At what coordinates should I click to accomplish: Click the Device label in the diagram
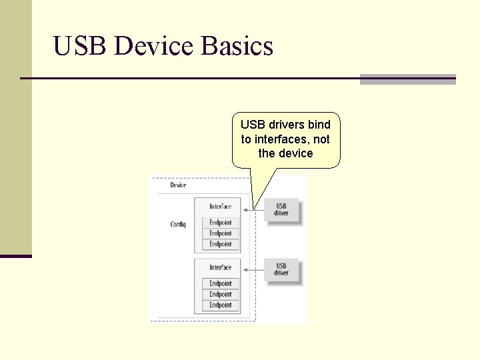(x=178, y=185)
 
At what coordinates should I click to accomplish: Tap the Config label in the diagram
(x=178, y=225)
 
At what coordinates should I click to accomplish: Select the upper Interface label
(x=221, y=207)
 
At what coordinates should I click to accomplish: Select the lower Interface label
(x=221, y=267)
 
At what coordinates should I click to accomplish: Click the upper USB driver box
(x=281, y=210)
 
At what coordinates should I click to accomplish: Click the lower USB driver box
(x=281, y=270)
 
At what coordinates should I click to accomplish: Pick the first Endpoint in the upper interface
(x=221, y=223)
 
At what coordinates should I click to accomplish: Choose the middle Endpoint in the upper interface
(x=221, y=233)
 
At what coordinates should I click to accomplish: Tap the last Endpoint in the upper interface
(x=221, y=244)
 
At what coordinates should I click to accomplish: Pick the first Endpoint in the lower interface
(x=221, y=283)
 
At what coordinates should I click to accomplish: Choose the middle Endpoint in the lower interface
(x=221, y=294)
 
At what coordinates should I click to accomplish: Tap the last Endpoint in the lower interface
(x=221, y=305)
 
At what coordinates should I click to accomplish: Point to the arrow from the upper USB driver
(x=254, y=210)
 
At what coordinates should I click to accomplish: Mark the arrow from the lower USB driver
(x=254, y=270)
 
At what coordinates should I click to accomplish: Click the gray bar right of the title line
(x=407, y=79)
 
